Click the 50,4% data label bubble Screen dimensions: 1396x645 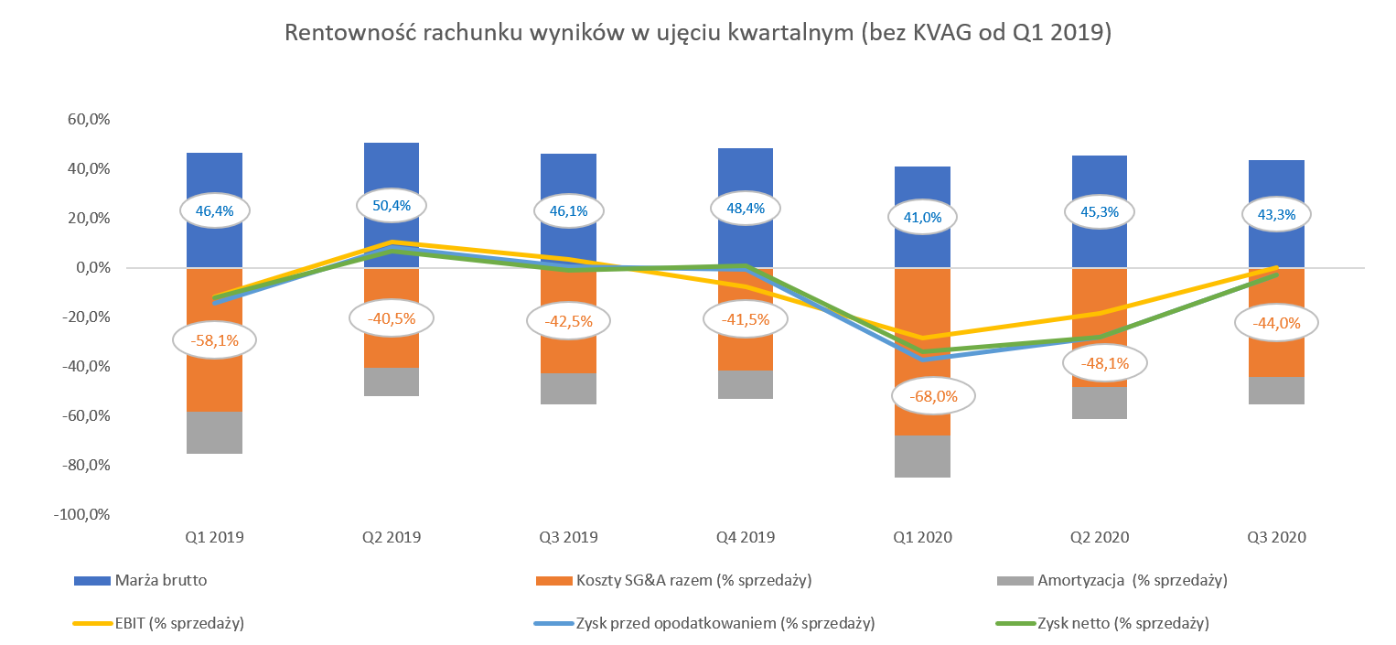392,206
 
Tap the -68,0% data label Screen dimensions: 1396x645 933,396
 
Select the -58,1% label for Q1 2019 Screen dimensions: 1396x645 214,340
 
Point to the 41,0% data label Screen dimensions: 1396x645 922,217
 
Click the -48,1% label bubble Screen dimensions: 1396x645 1104,363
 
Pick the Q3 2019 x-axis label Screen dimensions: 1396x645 568,537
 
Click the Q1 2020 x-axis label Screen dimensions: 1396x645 922,537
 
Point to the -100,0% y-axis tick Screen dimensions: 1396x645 81,515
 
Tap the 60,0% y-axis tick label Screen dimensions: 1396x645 89,119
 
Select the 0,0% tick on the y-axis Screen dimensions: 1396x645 93,268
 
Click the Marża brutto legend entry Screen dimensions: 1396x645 141,580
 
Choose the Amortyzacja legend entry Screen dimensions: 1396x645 1111,580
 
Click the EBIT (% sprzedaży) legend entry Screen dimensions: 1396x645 159,623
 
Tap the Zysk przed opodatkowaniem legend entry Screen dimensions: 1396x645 704,623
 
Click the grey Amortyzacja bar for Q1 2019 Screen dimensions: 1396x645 214,433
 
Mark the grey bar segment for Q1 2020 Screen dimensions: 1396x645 922,457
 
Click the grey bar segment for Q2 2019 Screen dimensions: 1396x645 392,382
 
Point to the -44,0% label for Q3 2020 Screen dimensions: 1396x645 1276,323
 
